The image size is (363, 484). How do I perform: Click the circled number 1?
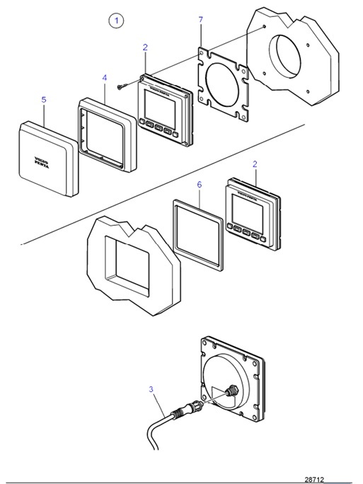coord(117,21)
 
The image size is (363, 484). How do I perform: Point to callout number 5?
coord(43,100)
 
